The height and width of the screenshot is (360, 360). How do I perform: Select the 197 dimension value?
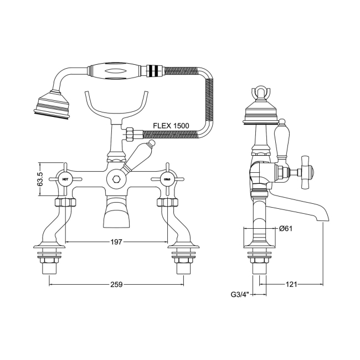[x=116, y=242]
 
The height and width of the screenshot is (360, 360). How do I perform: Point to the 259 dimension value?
[x=116, y=284]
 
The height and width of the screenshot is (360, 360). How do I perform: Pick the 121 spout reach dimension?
[x=292, y=284]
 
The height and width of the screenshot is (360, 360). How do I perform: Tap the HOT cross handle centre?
[x=65, y=179]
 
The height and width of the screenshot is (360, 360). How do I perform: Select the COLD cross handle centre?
[x=167, y=179]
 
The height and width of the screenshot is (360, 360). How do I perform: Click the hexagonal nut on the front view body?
[x=116, y=179]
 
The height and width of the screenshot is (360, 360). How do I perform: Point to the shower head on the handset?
[x=52, y=105]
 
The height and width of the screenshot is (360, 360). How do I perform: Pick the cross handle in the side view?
[x=304, y=172]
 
